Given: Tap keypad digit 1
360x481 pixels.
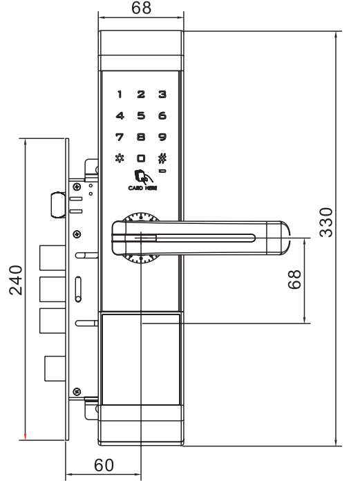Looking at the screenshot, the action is [120, 94].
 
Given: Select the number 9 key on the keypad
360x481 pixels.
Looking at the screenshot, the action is [162, 137].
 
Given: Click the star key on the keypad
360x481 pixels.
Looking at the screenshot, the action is [120, 158].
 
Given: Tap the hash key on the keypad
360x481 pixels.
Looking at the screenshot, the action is [162, 158].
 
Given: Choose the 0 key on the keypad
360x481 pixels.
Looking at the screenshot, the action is [141, 158].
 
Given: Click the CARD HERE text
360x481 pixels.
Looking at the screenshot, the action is [142, 188].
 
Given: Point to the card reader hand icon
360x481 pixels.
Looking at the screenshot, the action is [142, 176].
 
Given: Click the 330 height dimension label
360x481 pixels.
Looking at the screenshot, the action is [325, 223].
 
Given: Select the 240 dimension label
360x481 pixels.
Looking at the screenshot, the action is [16, 280].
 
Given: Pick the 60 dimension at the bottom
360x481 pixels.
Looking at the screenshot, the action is [104, 465].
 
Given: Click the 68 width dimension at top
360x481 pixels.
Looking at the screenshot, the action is [141, 8].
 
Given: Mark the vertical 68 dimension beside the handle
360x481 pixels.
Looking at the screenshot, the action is [294, 279].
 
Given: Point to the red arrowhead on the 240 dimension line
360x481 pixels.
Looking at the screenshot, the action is [25, 437].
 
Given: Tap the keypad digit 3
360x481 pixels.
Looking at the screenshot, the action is [162, 94].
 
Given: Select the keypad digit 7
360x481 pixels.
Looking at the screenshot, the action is [120, 137].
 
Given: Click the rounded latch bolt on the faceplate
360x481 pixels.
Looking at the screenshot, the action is [57, 205].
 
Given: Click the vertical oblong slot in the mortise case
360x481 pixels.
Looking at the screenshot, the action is [78, 290].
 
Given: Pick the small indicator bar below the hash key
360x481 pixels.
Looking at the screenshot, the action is [162, 171].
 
